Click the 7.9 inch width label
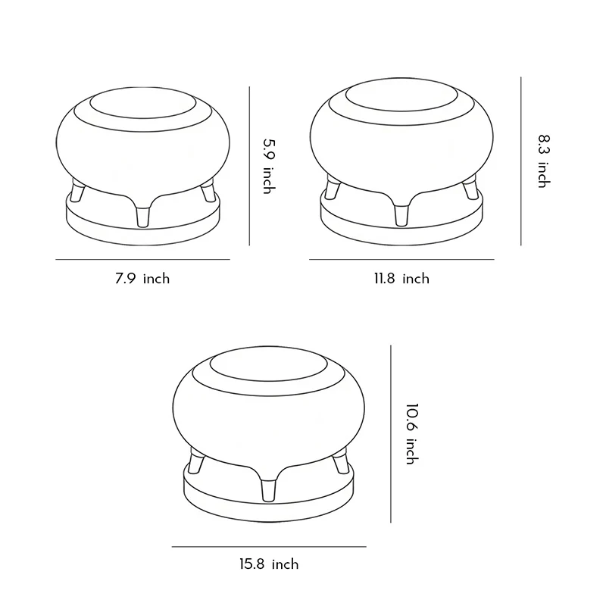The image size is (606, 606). (x=142, y=279)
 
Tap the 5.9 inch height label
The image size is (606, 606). (x=270, y=166)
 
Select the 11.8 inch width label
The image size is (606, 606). (x=401, y=279)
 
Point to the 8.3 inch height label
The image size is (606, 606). (x=544, y=161)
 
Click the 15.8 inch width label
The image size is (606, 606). (x=269, y=564)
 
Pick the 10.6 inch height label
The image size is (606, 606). (x=412, y=434)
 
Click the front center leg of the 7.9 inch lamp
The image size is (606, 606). (x=142, y=217)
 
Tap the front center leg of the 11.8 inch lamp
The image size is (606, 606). (x=401, y=215)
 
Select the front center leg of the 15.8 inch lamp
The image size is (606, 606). (x=268, y=490)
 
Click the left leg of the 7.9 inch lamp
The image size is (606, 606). (x=78, y=192)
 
